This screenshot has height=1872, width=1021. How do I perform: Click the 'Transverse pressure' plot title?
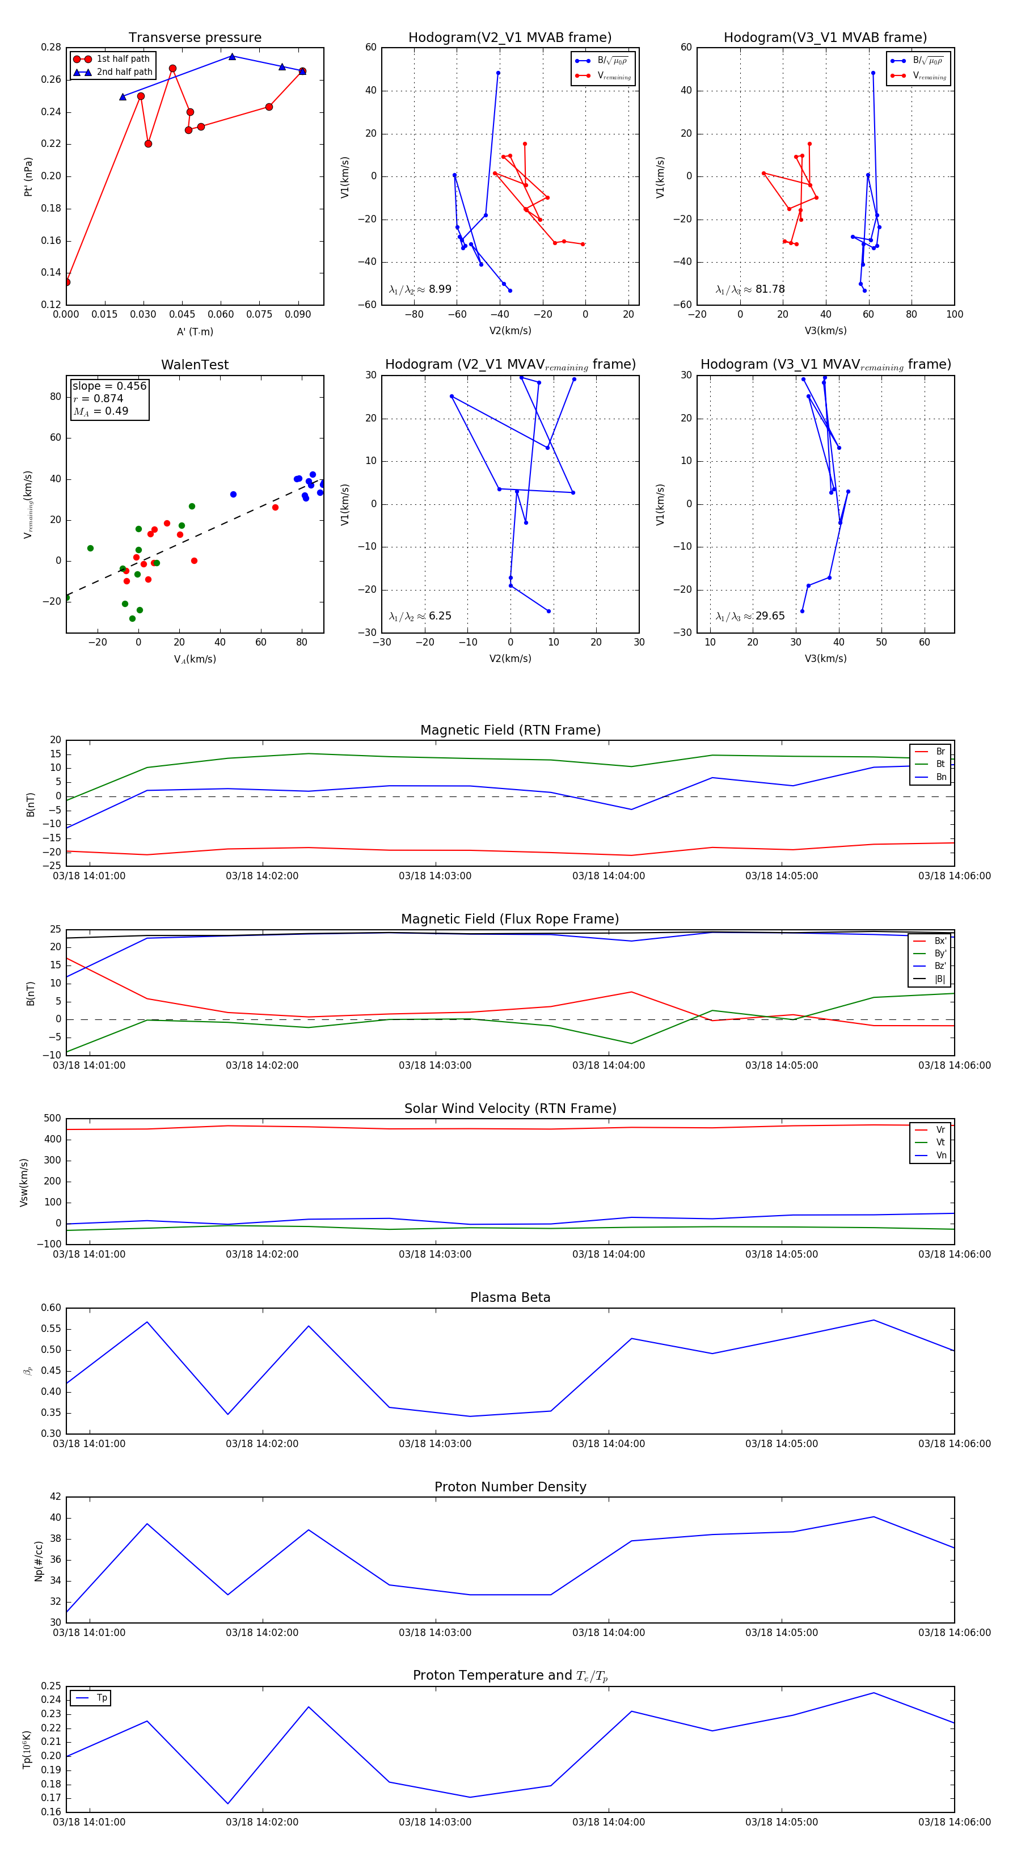tap(195, 38)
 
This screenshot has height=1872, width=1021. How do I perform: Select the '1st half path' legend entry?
tap(122, 59)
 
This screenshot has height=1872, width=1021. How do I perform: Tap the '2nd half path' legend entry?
tap(124, 72)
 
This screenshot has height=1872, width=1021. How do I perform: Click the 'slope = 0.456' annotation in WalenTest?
tap(109, 386)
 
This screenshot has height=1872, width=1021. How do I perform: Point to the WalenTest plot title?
tap(195, 365)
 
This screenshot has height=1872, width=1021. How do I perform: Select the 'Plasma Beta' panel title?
tap(510, 1297)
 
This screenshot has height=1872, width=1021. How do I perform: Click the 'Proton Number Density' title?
tap(510, 1487)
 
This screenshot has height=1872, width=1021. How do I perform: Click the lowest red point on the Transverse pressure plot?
tap(67, 282)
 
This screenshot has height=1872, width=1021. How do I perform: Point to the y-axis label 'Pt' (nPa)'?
tap(28, 176)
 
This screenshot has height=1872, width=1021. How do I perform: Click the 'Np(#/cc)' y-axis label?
tap(39, 1561)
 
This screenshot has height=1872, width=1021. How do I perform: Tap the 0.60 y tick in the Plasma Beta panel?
tap(51, 1308)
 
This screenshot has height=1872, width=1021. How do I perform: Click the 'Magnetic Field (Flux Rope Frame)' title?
tap(510, 920)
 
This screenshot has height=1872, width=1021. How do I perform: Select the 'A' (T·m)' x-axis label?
tap(195, 332)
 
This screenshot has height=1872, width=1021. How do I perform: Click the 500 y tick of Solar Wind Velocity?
tap(52, 1119)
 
